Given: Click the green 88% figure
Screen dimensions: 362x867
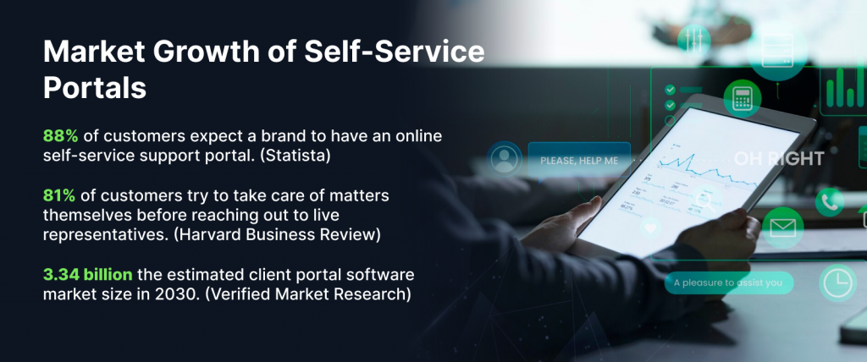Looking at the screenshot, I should tap(59, 135).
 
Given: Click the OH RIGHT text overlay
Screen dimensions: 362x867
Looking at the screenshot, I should tap(778, 159).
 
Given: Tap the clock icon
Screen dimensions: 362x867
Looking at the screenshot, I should tap(837, 282).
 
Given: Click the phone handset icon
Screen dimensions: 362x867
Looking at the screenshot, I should tap(829, 201).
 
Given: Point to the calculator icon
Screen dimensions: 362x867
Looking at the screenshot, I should tap(743, 98).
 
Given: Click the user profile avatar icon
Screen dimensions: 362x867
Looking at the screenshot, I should tap(505, 157).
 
